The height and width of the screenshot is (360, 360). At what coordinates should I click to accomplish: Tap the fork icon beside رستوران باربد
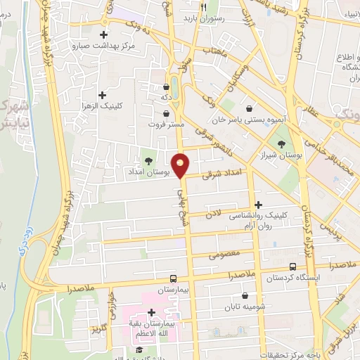click(202, 7)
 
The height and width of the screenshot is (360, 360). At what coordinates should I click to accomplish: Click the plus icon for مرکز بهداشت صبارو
click(104, 34)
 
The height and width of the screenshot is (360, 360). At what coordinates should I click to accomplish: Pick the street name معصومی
click(224, 252)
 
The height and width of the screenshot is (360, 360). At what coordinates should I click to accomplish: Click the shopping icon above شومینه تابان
click(245, 296)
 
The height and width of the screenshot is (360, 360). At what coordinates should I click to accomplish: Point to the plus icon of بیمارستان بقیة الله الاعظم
click(151, 312)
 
